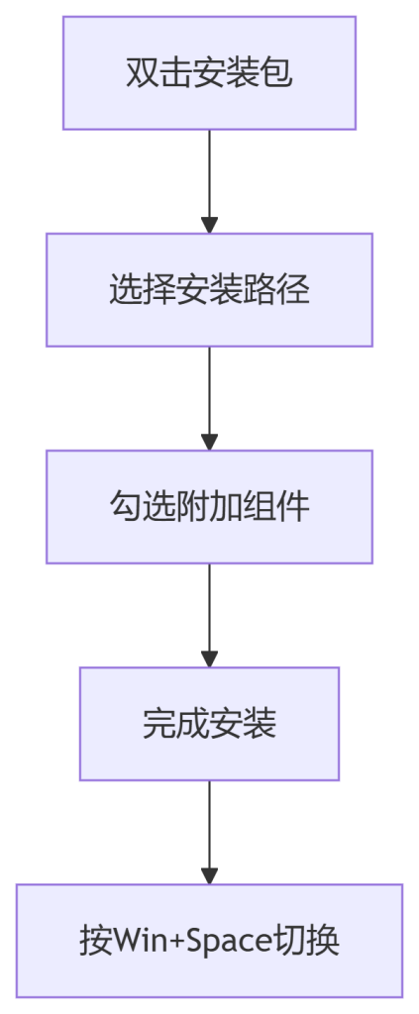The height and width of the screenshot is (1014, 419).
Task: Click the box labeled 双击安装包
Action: (210, 73)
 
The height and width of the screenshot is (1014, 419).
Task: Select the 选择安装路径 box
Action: (210, 290)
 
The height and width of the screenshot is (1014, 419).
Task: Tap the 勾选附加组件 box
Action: (210, 507)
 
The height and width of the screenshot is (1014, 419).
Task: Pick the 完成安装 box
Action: (210, 724)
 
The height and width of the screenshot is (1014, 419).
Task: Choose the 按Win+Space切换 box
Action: (210, 941)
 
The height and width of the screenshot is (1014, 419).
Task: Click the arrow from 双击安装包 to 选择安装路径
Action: (210, 182)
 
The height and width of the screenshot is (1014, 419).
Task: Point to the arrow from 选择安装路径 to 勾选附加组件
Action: (210, 398)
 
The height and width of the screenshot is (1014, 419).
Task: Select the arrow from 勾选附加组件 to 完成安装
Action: (210, 616)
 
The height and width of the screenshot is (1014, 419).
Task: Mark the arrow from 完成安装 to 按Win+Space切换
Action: (210, 832)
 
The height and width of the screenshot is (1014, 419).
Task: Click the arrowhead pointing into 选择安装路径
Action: (210, 225)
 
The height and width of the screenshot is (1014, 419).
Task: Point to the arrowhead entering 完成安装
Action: (210, 659)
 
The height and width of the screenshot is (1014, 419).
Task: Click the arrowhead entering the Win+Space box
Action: (210, 876)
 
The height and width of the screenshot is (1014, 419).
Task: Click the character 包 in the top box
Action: (276, 73)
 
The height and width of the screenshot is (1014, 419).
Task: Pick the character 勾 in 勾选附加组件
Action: (126, 507)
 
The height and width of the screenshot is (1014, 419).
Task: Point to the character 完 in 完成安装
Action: (159, 724)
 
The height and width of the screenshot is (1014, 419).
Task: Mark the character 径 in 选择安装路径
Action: (293, 290)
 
